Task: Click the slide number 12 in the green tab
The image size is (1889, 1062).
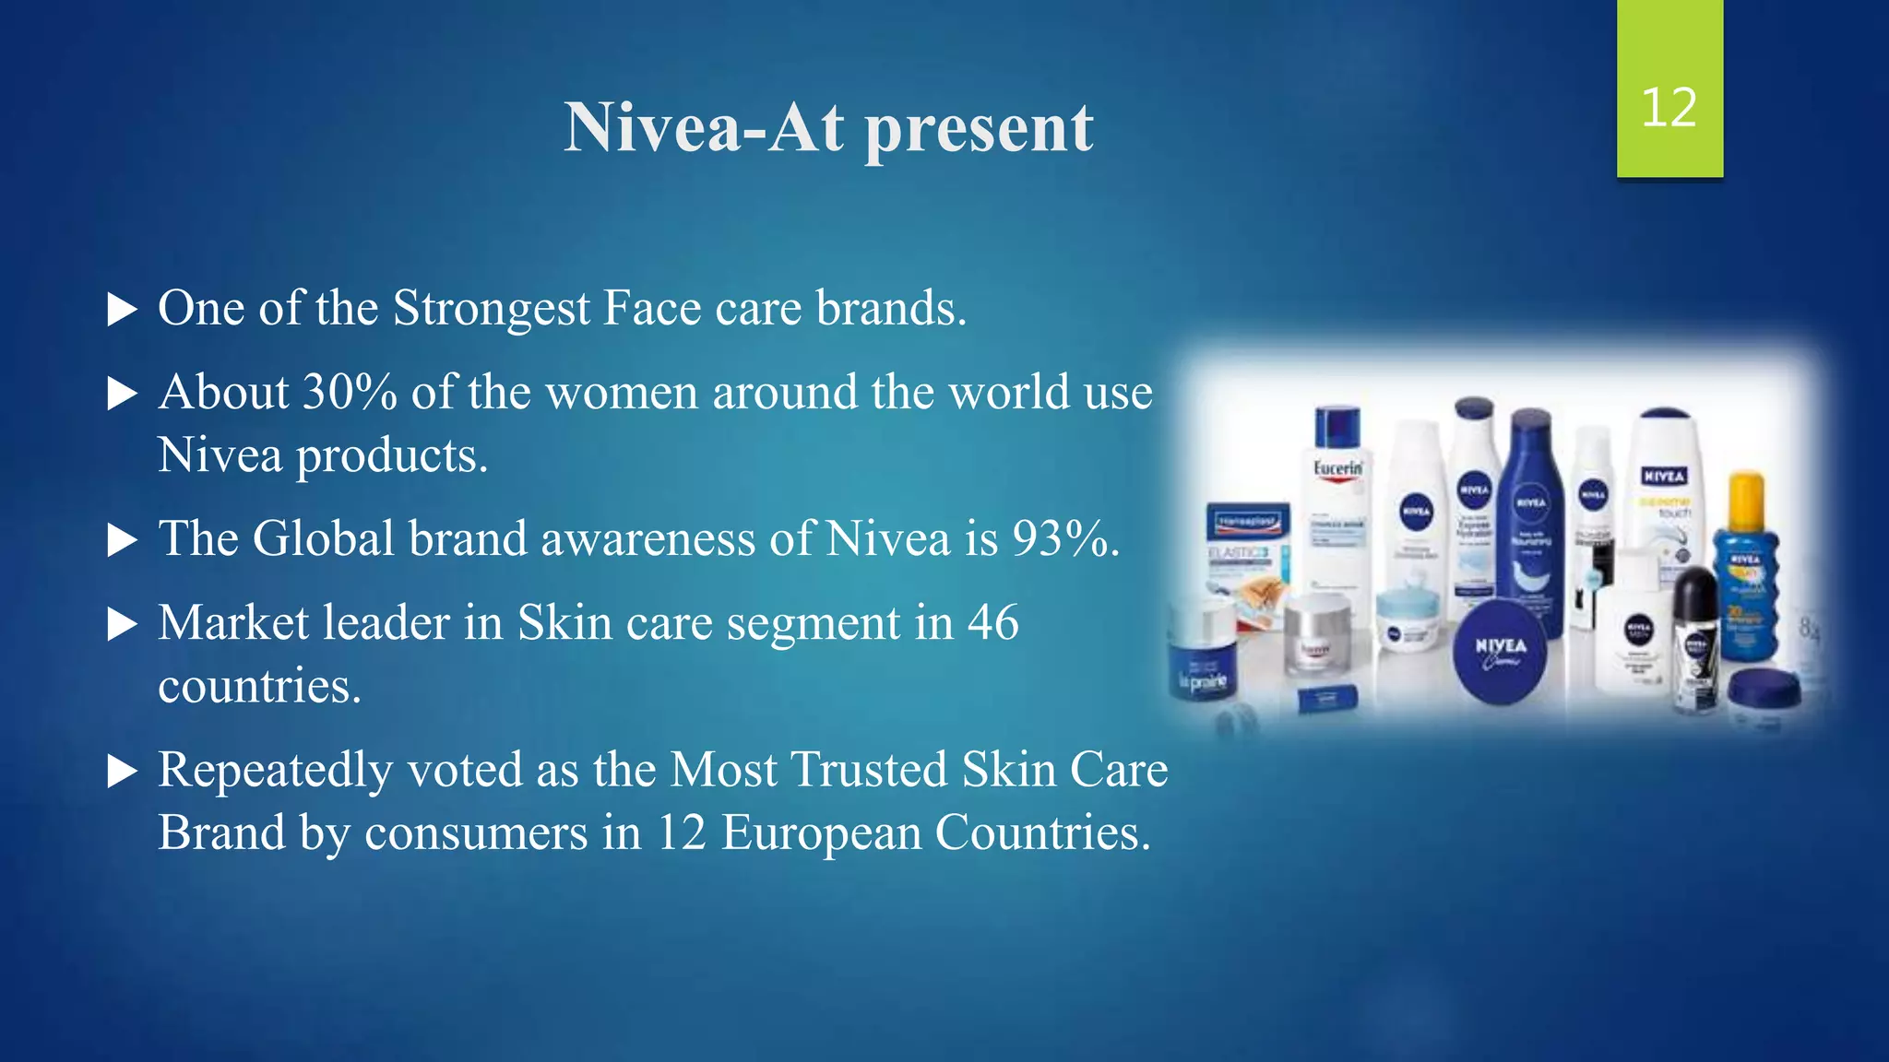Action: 1669,108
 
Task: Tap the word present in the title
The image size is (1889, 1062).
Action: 979,129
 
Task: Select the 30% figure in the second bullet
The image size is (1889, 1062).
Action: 350,392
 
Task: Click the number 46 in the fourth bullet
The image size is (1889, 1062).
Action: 992,622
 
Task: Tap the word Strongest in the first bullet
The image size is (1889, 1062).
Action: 491,309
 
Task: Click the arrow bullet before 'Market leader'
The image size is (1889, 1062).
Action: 122,624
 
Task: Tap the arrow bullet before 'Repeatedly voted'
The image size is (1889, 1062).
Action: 122,771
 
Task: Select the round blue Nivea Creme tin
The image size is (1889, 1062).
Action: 1500,651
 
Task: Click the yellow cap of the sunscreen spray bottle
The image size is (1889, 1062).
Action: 1746,499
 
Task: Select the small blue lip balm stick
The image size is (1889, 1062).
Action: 1326,699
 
